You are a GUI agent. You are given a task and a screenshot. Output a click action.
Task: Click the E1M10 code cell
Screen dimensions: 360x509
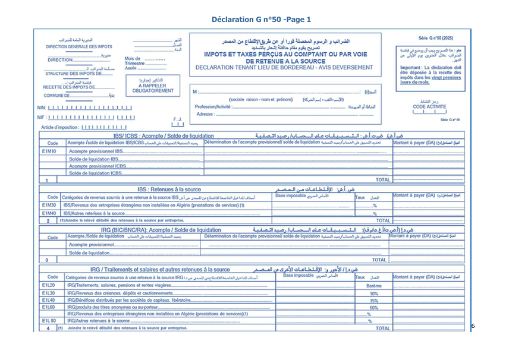tap(49, 151)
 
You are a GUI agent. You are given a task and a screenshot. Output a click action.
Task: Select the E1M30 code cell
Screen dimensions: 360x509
tap(49, 205)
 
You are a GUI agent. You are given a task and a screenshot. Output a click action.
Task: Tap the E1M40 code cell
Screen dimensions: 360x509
tap(49, 213)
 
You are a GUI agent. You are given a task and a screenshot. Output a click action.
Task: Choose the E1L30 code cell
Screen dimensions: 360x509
tap(49, 293)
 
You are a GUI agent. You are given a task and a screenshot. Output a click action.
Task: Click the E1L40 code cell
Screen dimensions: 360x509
tap(49, 300)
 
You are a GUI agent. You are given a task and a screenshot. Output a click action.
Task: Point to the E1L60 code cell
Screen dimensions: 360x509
tap(49, 307)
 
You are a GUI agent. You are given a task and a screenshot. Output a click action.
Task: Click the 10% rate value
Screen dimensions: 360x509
tap(373, 293)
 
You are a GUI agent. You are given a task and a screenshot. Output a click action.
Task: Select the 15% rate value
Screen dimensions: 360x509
tap(373, 301)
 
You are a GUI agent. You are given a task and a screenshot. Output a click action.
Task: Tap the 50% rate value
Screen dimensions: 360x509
tap(373, 308)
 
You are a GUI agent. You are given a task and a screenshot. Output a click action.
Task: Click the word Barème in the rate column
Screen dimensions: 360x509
tap(373, 286)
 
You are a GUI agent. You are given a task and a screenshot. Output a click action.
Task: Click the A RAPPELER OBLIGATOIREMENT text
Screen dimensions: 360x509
tap(153, 88)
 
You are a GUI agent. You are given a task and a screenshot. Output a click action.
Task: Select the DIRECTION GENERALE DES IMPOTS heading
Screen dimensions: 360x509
tap(79, 46)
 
